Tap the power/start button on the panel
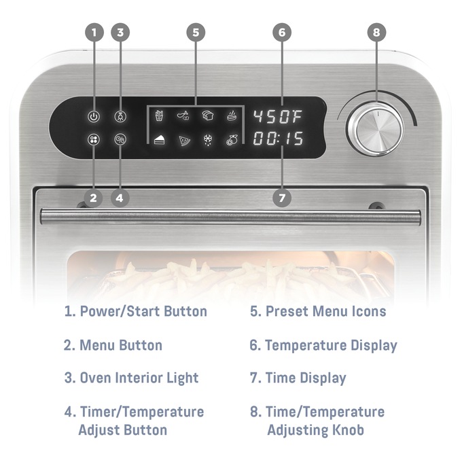coord(94,116)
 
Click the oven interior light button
coord(120,116)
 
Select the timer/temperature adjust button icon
coord(120,140)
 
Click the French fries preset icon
coord(160,116)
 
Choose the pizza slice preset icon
coord(184,141)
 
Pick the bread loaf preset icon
coord(208,116)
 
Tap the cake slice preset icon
coord(160,140)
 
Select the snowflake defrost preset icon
coord(208,141)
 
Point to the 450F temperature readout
coord(279,116)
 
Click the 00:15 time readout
coord(279,139)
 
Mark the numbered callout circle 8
coord(376,32)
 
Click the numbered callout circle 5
coord(195,32)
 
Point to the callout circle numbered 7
coord(282,198)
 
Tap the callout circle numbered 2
coord(94,198)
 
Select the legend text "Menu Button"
coord(121,345)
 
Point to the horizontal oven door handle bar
coord(231,217)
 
